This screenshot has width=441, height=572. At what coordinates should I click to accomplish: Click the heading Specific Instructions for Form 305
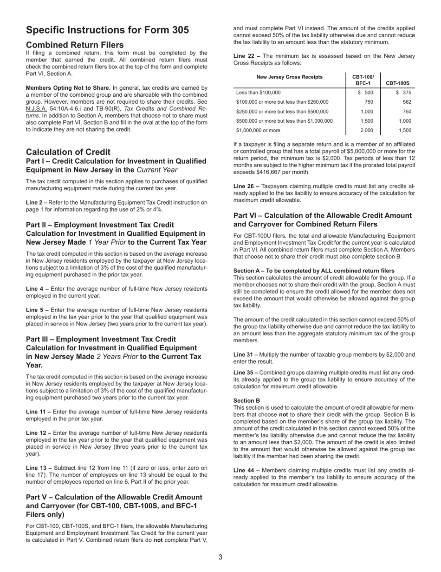pos(107,30)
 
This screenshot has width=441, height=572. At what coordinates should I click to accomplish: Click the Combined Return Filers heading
pos(75,45)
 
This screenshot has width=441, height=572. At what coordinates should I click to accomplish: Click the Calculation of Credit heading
pos(68,152)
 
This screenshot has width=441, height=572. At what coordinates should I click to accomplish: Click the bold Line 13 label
pos(39,468)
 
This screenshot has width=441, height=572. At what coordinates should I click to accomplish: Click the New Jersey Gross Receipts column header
pos(289,77)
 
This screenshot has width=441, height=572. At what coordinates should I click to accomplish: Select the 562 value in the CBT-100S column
pos(407,102)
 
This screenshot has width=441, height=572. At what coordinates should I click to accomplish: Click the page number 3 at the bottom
pos(220,557)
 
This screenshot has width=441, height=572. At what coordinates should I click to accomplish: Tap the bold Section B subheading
pos(246,400)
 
